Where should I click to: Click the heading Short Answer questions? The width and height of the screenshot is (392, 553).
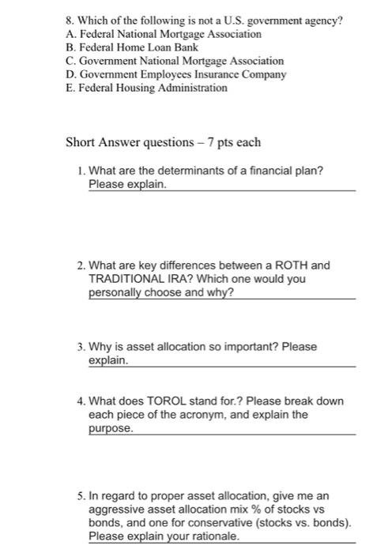127,143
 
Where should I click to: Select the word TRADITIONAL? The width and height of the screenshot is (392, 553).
126,279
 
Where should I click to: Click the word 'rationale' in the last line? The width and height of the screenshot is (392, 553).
213,536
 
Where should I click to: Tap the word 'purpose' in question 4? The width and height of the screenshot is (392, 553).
110,427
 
